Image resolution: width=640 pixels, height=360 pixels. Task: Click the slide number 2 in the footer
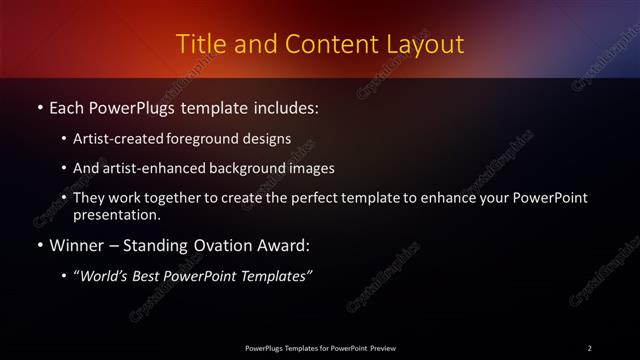(x=590, y=347)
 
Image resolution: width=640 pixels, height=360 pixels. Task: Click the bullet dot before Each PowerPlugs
(x=39, y=105)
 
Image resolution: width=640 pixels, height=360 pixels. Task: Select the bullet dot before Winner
(x=39, y=245)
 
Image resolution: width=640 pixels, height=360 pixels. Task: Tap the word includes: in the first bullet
(x=285, y=105)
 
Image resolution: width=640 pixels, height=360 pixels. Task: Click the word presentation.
(x=117, y=214)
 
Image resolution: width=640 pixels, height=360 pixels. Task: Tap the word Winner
(x=77, y=245)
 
